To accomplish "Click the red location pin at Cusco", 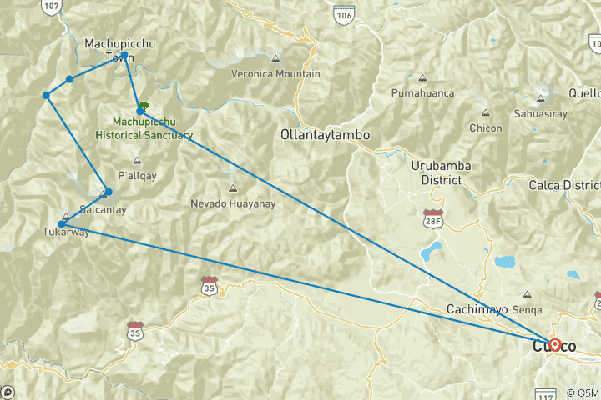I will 554,343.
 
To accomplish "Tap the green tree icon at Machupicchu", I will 144,107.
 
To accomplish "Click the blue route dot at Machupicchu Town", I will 124,56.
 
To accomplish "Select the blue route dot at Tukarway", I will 62,224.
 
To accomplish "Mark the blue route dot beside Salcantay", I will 108,192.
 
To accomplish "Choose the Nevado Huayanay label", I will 232,202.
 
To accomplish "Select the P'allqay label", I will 137,175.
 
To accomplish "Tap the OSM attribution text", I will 581,392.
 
